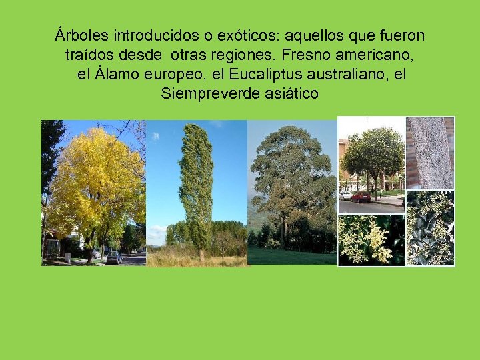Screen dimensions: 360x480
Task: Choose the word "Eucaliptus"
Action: (247, 74)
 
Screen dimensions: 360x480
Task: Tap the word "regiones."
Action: (267, 54)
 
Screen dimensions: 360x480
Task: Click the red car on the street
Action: (361, 197)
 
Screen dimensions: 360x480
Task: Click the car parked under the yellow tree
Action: (113, 257)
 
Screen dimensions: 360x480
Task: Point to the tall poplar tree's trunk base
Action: (201, 255)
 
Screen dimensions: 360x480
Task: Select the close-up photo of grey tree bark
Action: (430, 153)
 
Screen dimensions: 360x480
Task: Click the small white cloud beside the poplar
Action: (155, 136)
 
